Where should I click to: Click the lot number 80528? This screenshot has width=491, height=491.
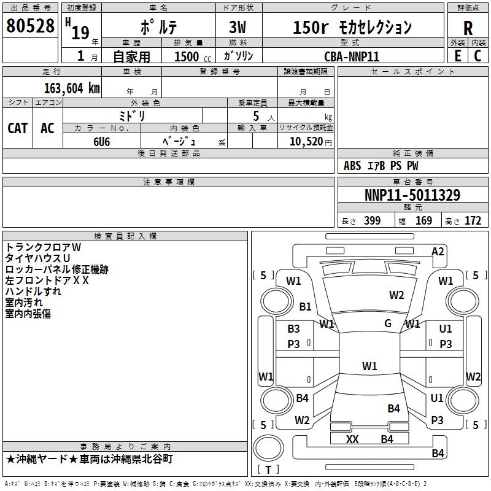[30, 25]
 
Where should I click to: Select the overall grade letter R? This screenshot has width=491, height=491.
[468, 28]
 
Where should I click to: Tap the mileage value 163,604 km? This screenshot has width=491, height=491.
[72, 88]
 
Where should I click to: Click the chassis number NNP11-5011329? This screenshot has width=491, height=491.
[412, 195]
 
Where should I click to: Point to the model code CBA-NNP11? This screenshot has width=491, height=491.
[352, 56]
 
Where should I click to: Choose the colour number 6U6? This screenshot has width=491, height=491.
[102, 142]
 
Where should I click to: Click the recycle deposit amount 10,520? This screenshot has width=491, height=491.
[306, 142]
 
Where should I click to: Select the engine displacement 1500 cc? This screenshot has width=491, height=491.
[193, 56]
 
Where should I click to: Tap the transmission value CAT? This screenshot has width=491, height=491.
[18, 128]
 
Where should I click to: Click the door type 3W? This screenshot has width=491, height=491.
[238, 27]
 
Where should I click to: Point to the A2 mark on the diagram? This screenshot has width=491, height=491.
[438, 252]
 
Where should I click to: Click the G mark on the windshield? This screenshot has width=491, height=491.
[388, 323]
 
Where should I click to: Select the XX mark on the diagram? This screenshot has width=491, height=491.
[352, 439]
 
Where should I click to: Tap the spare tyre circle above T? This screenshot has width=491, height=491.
[268, 448]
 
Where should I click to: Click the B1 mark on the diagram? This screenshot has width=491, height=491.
[305, 306]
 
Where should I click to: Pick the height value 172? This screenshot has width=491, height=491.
[473, 220]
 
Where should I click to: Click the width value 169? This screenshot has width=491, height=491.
[423, 220]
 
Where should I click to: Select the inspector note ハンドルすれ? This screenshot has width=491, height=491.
[33, 292]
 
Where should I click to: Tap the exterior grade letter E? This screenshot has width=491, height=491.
[457, 56]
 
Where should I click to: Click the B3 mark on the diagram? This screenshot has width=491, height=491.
[293, 329]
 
